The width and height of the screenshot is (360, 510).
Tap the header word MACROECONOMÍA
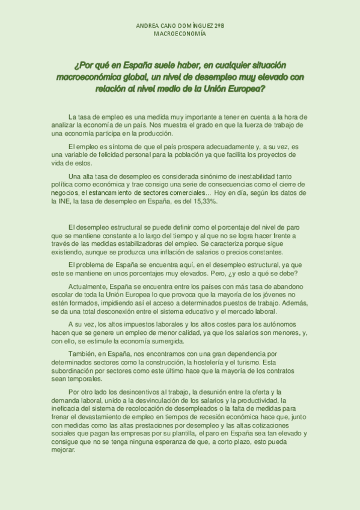point(180,34)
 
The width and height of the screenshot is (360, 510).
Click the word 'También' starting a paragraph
point(83,355)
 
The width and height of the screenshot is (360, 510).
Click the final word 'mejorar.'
point(64,450)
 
